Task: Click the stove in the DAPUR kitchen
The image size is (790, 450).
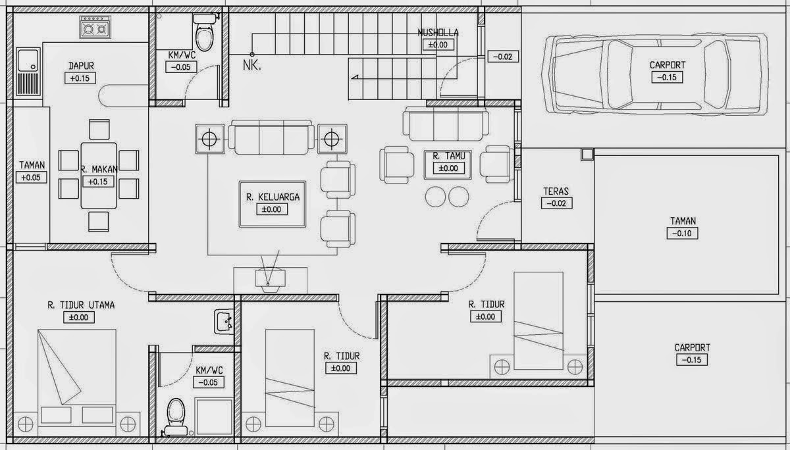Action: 95,27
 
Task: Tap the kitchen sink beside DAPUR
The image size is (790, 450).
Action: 28,72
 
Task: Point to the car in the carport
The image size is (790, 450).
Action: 655,74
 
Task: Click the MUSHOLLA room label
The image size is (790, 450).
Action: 438,33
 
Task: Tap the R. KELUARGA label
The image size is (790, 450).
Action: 273,197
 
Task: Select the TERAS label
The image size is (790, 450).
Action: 556,191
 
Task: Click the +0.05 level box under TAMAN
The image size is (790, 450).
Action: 32,178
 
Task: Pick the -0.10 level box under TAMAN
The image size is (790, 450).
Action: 682,234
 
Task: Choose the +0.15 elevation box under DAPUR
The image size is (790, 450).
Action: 80,78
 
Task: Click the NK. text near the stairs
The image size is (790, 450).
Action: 251,65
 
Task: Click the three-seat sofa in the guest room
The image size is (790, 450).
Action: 446,124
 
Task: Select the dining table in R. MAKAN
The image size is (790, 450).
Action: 99,176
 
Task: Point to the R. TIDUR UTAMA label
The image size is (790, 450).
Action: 81,305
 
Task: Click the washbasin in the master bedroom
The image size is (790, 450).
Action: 224,321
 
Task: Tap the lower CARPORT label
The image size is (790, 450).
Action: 692,348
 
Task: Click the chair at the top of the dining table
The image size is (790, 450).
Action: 99,130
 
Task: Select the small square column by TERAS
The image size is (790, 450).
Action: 587,155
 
